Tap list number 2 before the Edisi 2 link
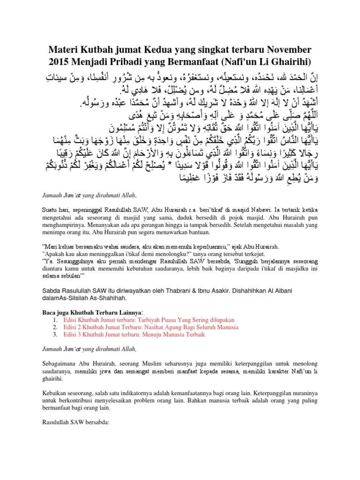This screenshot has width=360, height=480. (x=55, y=327)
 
